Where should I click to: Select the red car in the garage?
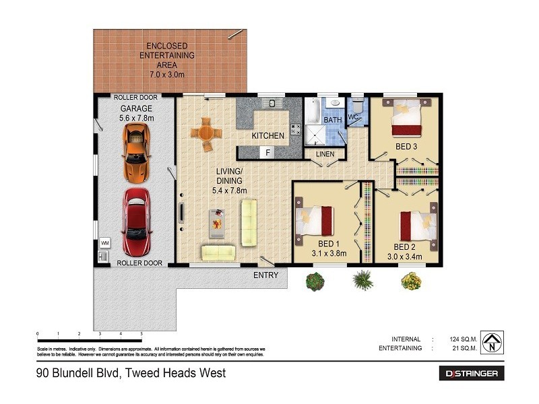click(x=136, y=213)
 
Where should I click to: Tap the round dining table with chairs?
click(x=203, y=133)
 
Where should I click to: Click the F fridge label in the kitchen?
click(x=267, y=153)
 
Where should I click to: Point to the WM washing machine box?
click(x=104, y=242)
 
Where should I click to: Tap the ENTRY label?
click(x=265, y=275)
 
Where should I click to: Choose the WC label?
click(x=352, y=118)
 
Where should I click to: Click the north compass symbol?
click(x=494, y=343)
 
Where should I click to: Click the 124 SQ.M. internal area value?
click(x=464, y=339)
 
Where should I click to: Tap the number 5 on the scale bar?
click(x=141, y=334)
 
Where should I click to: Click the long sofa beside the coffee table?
click(x=249, y=222)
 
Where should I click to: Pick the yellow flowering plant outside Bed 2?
click(x=410, y=280)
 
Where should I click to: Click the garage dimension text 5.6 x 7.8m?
click(x=137, y=118)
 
